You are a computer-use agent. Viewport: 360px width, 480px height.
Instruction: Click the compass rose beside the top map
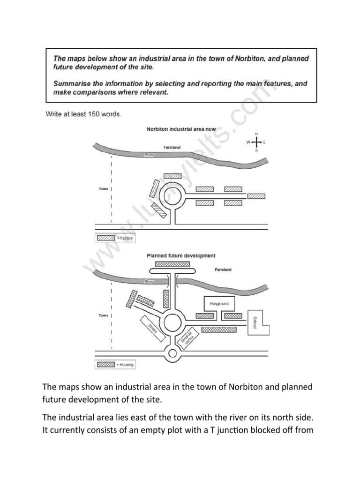point(256,142)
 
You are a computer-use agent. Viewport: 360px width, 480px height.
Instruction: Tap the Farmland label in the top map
point(172,147)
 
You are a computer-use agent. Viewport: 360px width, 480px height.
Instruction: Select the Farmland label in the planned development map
point(223,270)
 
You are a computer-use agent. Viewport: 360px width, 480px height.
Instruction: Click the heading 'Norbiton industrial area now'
point(174,128)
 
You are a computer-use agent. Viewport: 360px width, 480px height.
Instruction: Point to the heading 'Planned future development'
point(181,256)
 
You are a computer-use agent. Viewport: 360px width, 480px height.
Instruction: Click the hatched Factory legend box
point(106,238)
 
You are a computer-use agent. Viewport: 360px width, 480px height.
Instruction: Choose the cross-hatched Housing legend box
point(105,364)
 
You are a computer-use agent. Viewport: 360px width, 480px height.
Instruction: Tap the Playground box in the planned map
point(219,304)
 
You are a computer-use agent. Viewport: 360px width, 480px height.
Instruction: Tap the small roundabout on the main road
point(172,353)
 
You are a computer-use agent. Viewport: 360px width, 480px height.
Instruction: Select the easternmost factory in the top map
point(256,196)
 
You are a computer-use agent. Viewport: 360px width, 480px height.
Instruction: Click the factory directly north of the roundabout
point(172,176)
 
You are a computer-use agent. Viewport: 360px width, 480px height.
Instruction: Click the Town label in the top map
point(103,189)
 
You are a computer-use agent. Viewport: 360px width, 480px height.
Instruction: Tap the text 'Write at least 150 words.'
point(83,114)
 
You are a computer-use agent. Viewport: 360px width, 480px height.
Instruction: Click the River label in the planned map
point(149,282)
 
